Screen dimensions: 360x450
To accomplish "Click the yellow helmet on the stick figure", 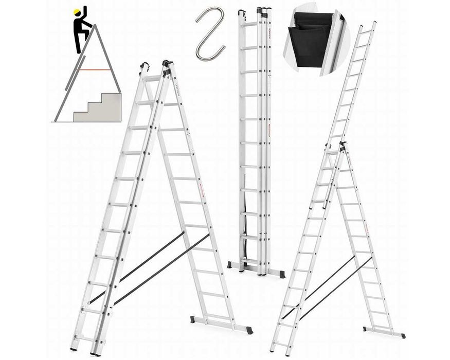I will pos(77,11).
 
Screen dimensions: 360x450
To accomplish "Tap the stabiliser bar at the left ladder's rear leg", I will pos(221,324).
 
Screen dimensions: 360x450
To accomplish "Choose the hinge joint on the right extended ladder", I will pos(341,148).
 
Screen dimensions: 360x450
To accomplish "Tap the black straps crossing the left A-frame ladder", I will pos(154,267).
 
